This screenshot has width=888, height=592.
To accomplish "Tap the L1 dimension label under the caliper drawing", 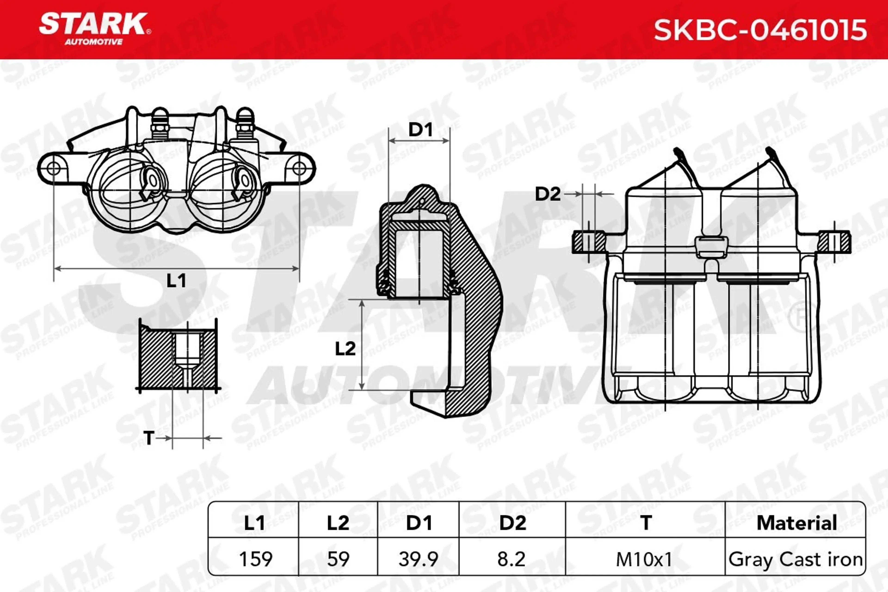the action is coord(176,281).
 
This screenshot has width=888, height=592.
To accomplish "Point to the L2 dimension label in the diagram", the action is coord(345,349).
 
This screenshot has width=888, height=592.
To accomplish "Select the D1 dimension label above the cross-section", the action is coord(420,130).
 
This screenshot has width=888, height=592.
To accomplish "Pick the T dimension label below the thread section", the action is coord(149,438).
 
